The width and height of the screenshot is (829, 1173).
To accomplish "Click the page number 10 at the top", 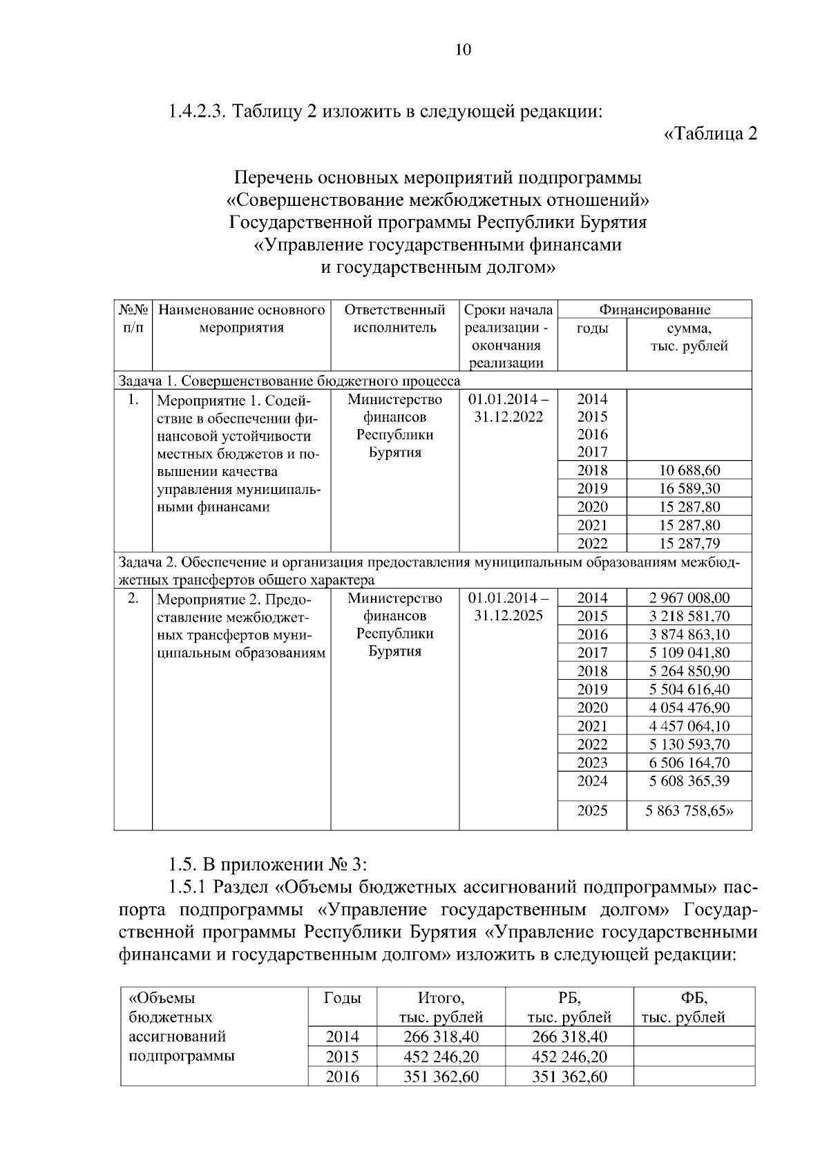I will click(463, 50).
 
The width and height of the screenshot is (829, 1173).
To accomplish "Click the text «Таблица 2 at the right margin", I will click(710, 133).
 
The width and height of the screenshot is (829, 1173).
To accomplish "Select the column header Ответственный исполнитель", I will click(394, 318).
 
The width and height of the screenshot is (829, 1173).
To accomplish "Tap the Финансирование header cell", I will click(654, 309).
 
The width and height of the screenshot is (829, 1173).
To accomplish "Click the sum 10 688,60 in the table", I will click(689, 470).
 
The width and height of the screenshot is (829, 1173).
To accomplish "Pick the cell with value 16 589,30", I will click(689, 488).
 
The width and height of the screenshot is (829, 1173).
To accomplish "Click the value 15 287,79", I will click(689, 543).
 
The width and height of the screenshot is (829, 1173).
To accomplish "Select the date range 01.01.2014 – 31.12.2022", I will click(508, 408).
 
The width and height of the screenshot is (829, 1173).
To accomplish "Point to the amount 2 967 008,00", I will click(689, 598).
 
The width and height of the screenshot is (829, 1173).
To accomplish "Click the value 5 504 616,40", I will click(689, 689).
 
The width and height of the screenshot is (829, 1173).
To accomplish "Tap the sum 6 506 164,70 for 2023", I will click(689, 763).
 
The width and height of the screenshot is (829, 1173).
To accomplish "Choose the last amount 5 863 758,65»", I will click(689, 811).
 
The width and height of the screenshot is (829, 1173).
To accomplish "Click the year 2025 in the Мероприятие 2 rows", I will click(592, 811).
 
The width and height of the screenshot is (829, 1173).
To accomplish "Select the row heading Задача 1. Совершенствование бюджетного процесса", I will click(289, 381).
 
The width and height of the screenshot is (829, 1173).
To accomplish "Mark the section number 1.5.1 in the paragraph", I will click(189, 886).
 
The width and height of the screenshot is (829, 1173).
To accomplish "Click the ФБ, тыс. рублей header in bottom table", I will click(694, 1007).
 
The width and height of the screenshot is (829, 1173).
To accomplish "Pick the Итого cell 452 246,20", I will click(441, 1057).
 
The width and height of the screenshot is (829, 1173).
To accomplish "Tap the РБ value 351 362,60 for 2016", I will click(569, 1077).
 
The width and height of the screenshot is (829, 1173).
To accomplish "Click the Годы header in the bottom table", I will click(342, 998).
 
